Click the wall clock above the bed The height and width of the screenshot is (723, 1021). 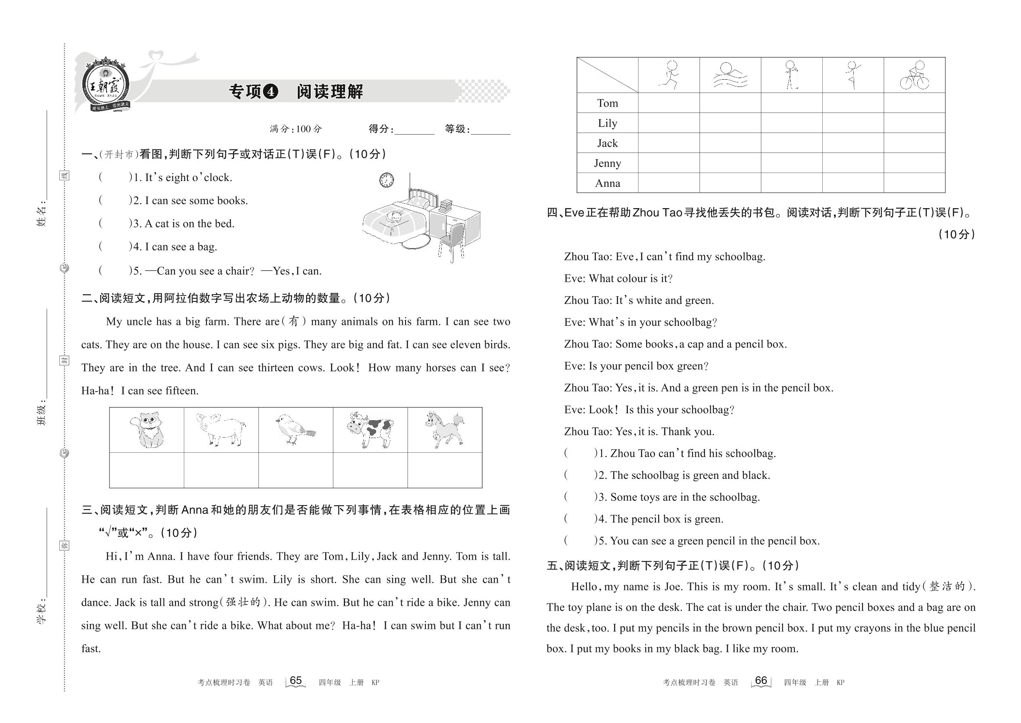[386, 180]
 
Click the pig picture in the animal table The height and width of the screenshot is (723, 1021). [221, 429]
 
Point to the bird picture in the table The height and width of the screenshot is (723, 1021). [295, 430]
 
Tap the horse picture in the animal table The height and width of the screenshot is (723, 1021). [444, 429]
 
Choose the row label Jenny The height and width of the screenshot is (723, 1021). [607, 163]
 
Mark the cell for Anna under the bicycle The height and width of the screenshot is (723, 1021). [914, 183]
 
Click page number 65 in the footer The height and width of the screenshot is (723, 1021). [295, 681]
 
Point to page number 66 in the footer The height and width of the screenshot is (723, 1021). [761, 681]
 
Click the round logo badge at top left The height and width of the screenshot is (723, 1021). [106, 84]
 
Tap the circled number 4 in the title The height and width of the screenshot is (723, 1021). [271, 92]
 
